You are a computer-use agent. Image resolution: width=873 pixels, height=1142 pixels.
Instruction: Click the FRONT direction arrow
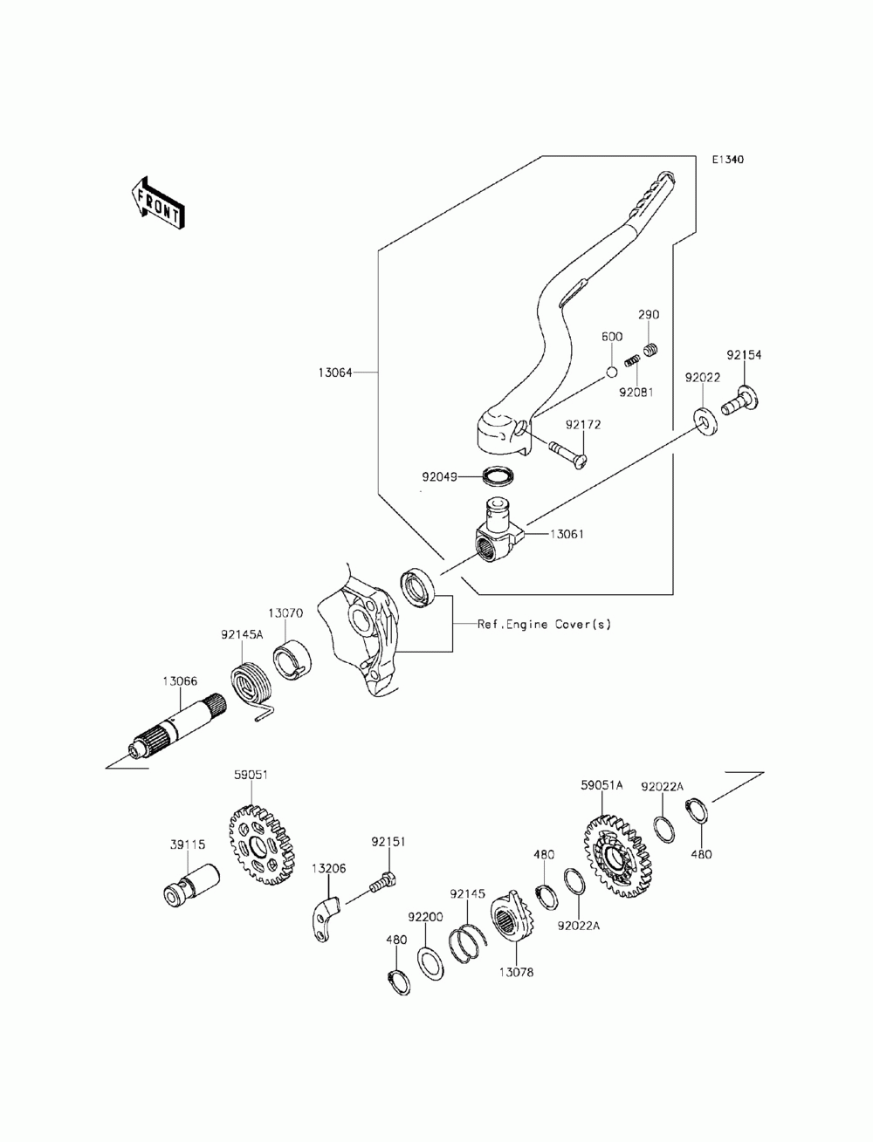(157, 203)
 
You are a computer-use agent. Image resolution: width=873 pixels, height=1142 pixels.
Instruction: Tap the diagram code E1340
(727, 160)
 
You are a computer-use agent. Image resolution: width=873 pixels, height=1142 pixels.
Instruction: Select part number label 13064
(335, 373)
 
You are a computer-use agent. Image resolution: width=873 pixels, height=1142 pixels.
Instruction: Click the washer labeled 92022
(705, 422)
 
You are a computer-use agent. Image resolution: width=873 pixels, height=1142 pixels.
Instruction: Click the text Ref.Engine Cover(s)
(544, 625)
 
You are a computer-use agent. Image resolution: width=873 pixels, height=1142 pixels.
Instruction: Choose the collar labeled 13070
(292, 660)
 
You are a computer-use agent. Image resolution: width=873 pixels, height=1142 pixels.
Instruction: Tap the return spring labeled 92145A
(251, 687)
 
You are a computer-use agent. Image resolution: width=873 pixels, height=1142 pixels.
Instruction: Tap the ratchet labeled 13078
(512, 921)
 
